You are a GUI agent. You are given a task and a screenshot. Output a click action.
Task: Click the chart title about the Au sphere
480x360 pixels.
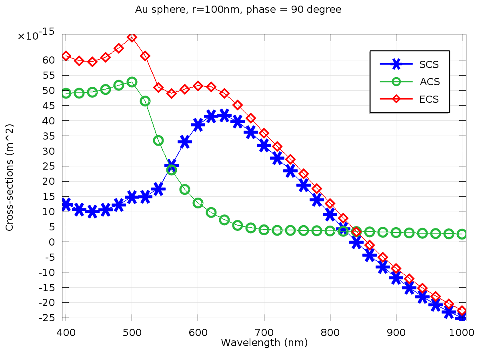(x=238, y=10)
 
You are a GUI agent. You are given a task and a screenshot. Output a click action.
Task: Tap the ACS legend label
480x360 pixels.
(x=430, y=82)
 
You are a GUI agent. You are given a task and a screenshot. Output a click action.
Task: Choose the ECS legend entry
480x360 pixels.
(x=429, y=99)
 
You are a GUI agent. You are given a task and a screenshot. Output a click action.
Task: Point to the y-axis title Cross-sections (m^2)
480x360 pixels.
(x=10, y=177)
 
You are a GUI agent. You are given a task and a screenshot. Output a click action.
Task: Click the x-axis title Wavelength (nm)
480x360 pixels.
(x=264, y=343)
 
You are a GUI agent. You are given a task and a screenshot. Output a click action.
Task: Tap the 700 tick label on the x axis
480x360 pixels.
(x=264, y=332)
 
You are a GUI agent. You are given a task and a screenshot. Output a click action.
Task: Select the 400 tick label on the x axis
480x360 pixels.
(x=66, y=332)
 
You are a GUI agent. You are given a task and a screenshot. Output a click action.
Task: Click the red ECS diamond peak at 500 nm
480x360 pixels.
(x=132, y=37)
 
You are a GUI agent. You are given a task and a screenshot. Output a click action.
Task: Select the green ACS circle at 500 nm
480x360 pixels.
(x=132, y=82)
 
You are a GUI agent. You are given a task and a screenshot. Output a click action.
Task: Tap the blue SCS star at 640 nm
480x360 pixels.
(x=224, y=116)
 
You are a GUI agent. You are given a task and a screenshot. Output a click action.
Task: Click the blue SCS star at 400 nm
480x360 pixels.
(x=66, y=204)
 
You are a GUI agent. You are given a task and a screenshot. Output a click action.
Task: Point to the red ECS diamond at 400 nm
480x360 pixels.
(x=66, y=56)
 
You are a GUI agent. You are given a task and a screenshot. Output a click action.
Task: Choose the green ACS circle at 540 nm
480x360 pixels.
(x=158, y=140)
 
